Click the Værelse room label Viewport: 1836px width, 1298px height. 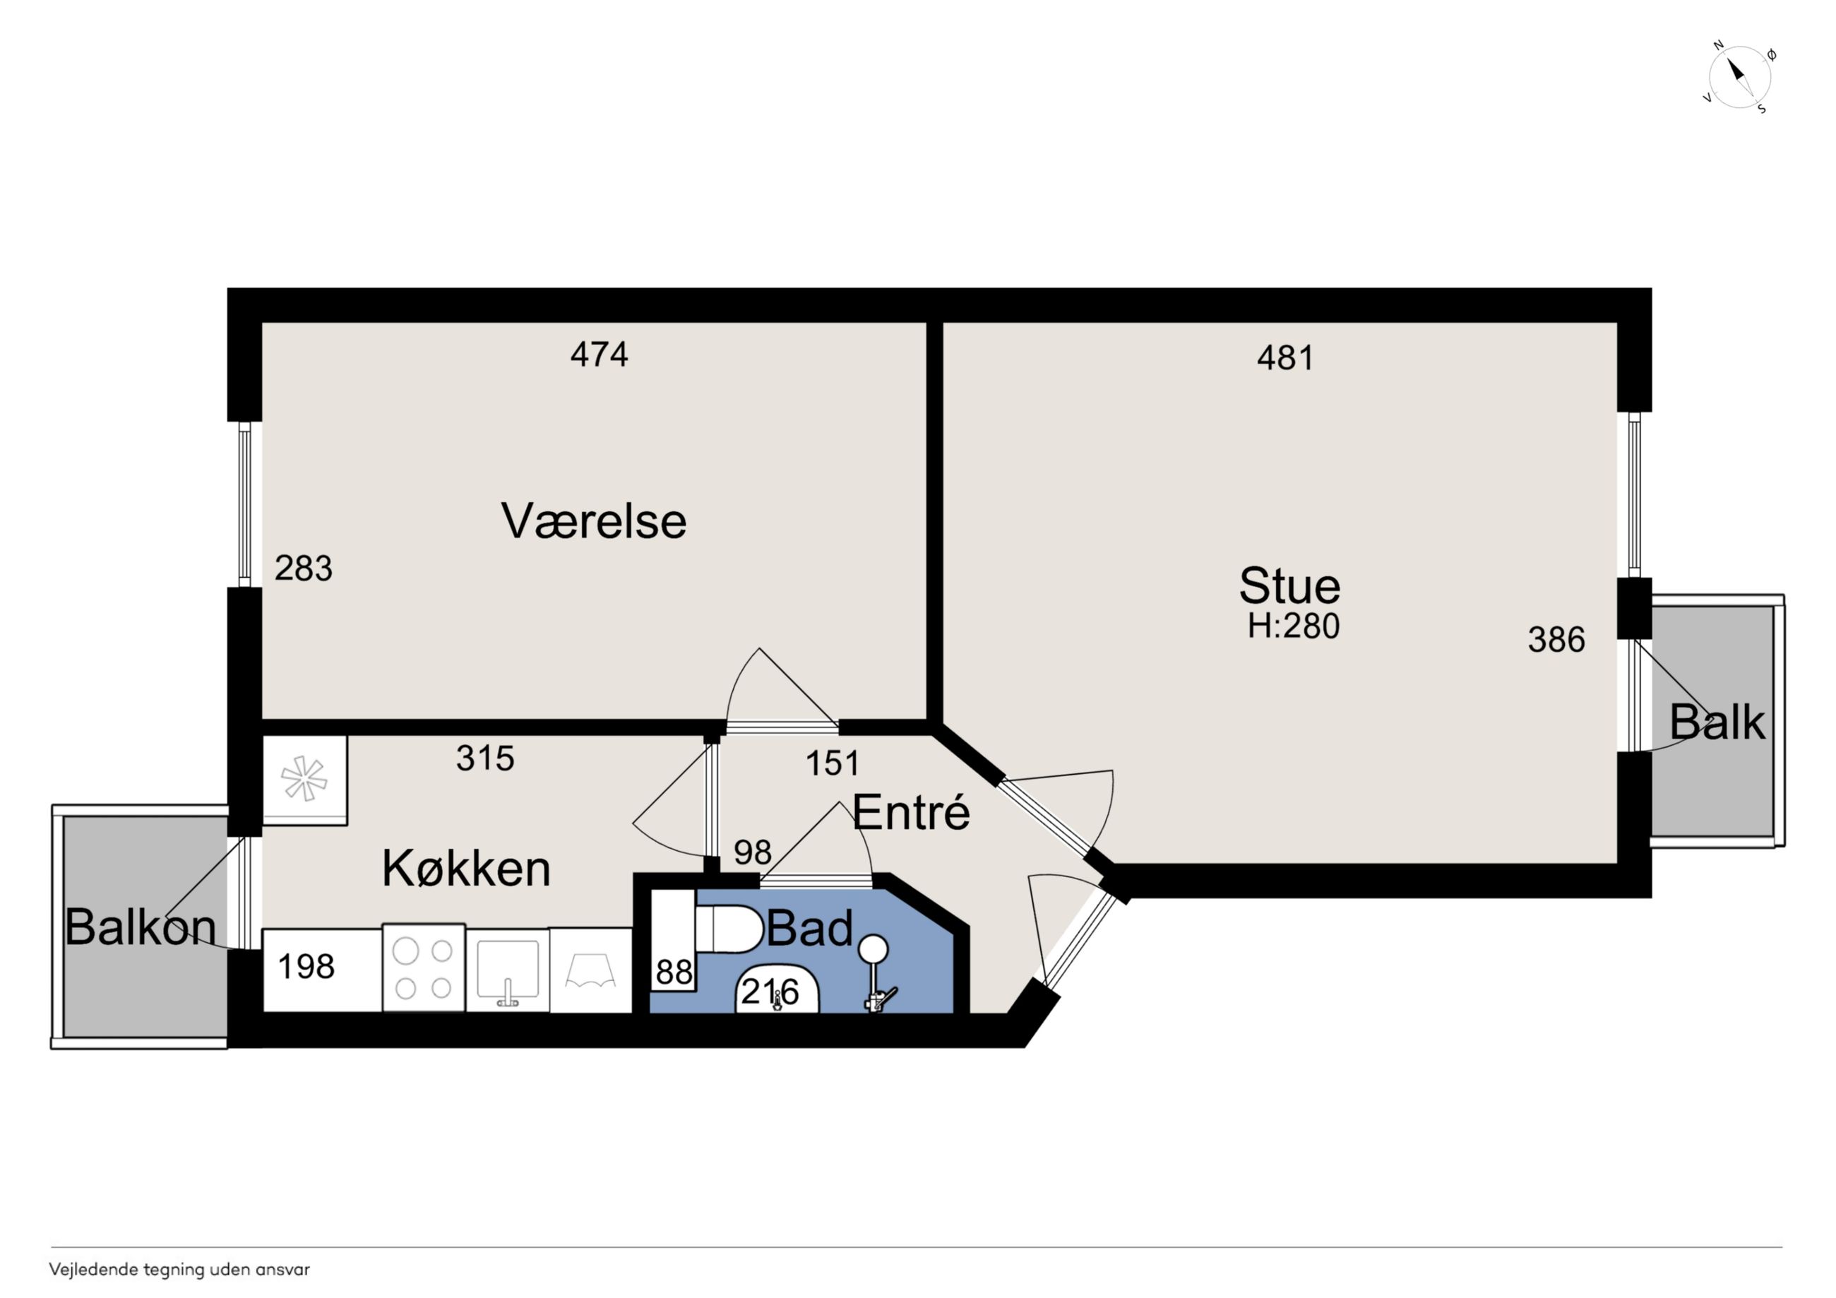[593, 520]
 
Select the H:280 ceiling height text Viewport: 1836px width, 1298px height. [1293, 626]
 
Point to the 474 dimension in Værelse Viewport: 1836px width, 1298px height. [599, 354]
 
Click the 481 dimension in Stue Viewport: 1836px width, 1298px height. [1285, 357]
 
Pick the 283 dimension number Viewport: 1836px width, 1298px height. [303, 568]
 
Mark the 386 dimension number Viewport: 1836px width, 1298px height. [1556, 640]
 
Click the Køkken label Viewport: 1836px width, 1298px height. [466, 869]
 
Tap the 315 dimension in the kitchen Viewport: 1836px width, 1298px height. [484, 758]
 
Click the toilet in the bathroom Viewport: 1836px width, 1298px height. [727, 929]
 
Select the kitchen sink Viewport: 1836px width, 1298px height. [508, 970]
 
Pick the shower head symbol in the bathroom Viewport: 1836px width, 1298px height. [874, 948]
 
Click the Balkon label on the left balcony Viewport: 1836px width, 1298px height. [141, 928]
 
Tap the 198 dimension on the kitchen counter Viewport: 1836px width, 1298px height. [306, 967]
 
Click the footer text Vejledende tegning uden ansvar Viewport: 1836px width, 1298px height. [179, 1269]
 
